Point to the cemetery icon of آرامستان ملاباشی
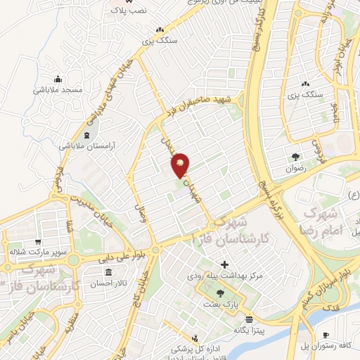[x=86, y=134]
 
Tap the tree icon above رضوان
[x=297, y=157]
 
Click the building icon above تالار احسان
[x=108, y=272]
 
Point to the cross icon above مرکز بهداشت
[x=224, y=265]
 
